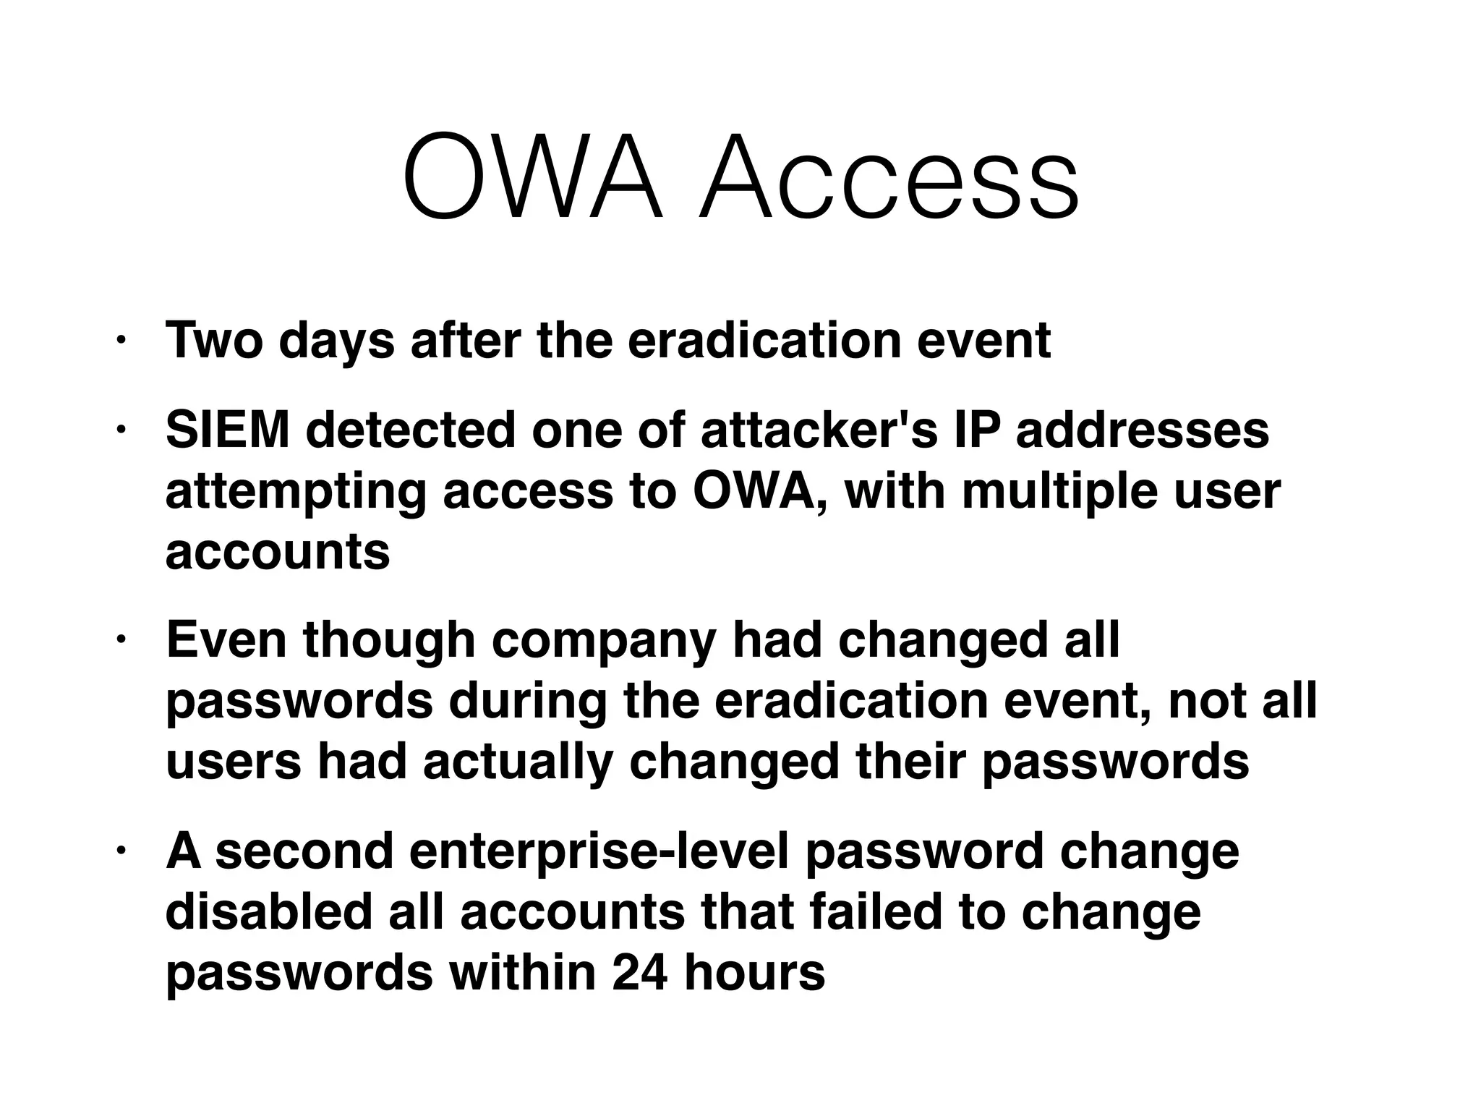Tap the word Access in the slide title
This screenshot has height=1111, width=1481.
click(x=889, y=177)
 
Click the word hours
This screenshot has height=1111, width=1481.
click(x=754, y=973)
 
